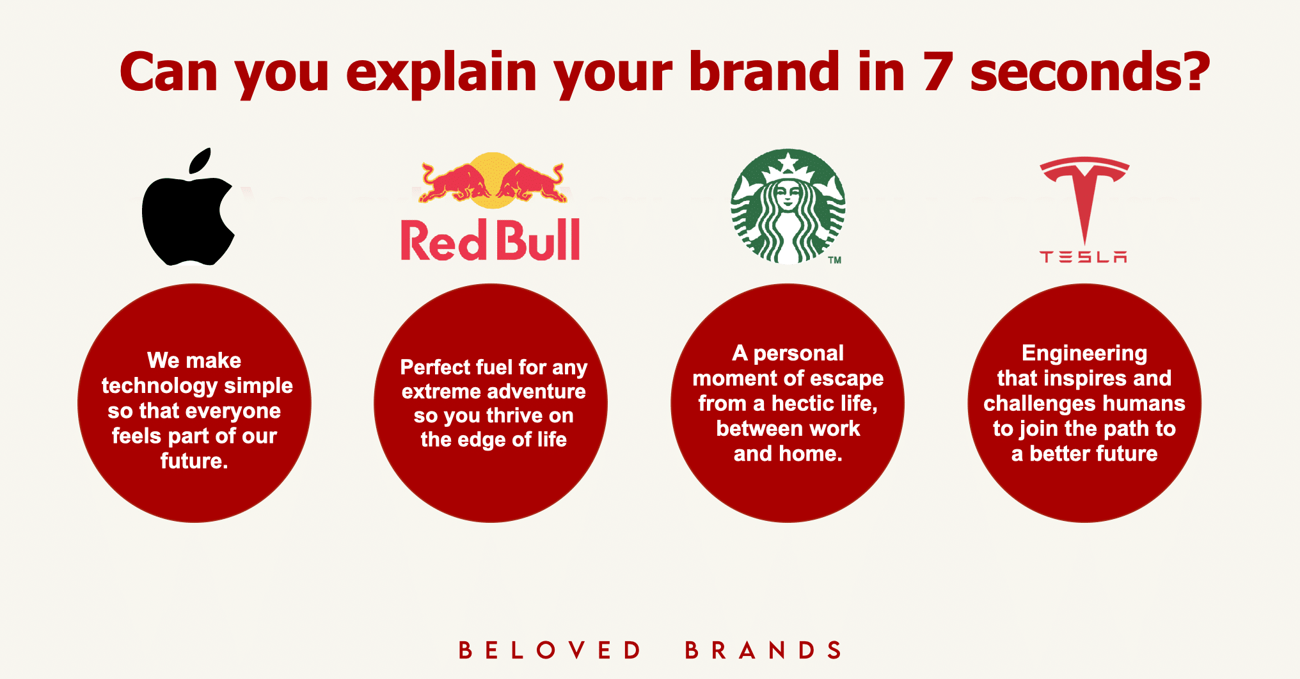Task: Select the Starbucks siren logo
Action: click(x=788, y=206)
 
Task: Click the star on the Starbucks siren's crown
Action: click(x=788, y=162)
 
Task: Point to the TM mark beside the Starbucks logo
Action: click(x=835, y=260)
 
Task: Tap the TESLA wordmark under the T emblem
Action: click(x=1084, y=257)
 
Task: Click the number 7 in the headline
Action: click(x=938, y=72)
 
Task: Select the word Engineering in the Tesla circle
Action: click(x=1084, y=354)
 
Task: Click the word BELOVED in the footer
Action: click(x=550, y=650)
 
